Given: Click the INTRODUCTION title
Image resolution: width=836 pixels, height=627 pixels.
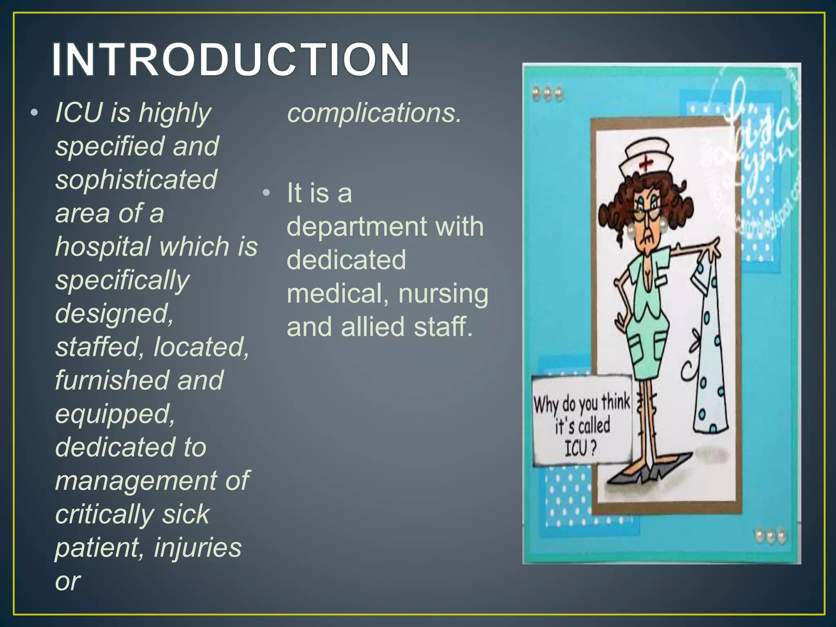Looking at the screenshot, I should coord(231,60).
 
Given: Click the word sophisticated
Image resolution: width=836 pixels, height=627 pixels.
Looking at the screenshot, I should coord(136,180).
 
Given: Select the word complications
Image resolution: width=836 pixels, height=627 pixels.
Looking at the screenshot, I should coord(374,113).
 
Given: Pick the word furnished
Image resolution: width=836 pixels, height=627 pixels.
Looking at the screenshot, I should coord(110,380).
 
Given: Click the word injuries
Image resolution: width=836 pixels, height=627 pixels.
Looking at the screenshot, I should coord(198,547).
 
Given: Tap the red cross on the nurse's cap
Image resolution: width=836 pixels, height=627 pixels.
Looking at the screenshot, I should coord(645,163).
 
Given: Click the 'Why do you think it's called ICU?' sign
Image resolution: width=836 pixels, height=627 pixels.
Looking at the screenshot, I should coord(581,420).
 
